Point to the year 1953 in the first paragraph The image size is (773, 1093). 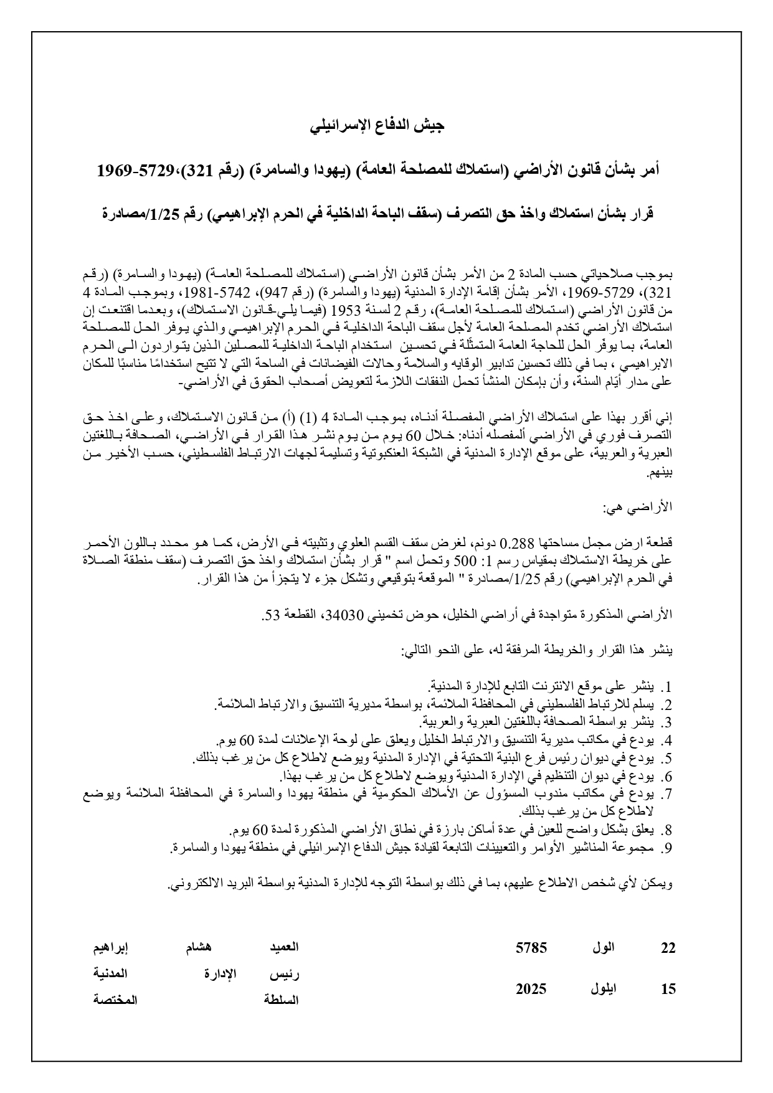coord(346,310)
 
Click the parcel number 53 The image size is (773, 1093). coord(270,614)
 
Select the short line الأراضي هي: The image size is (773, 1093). coord(642,508)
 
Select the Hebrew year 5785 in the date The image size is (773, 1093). coord(531,948)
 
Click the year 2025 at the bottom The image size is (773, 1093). coord(531,989)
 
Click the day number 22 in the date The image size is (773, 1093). coord(668,948)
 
